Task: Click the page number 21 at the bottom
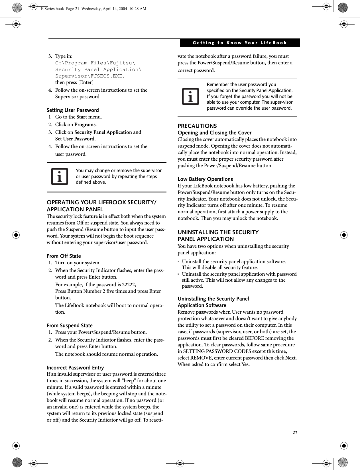295,432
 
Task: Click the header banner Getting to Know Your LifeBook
240,43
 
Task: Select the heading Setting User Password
73,110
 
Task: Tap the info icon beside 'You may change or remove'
60,177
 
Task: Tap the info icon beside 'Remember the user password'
190,97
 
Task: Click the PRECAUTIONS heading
197,126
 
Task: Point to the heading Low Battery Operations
205,179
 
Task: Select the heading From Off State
64,256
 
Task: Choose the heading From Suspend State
70,326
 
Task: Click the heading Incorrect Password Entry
75,368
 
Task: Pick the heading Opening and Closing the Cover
215,133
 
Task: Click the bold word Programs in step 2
85,124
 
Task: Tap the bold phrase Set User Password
75,139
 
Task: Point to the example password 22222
129,285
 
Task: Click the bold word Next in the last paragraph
290,358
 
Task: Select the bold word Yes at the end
245,364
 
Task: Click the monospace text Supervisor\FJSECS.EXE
89,76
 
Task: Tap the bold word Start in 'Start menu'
82,117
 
